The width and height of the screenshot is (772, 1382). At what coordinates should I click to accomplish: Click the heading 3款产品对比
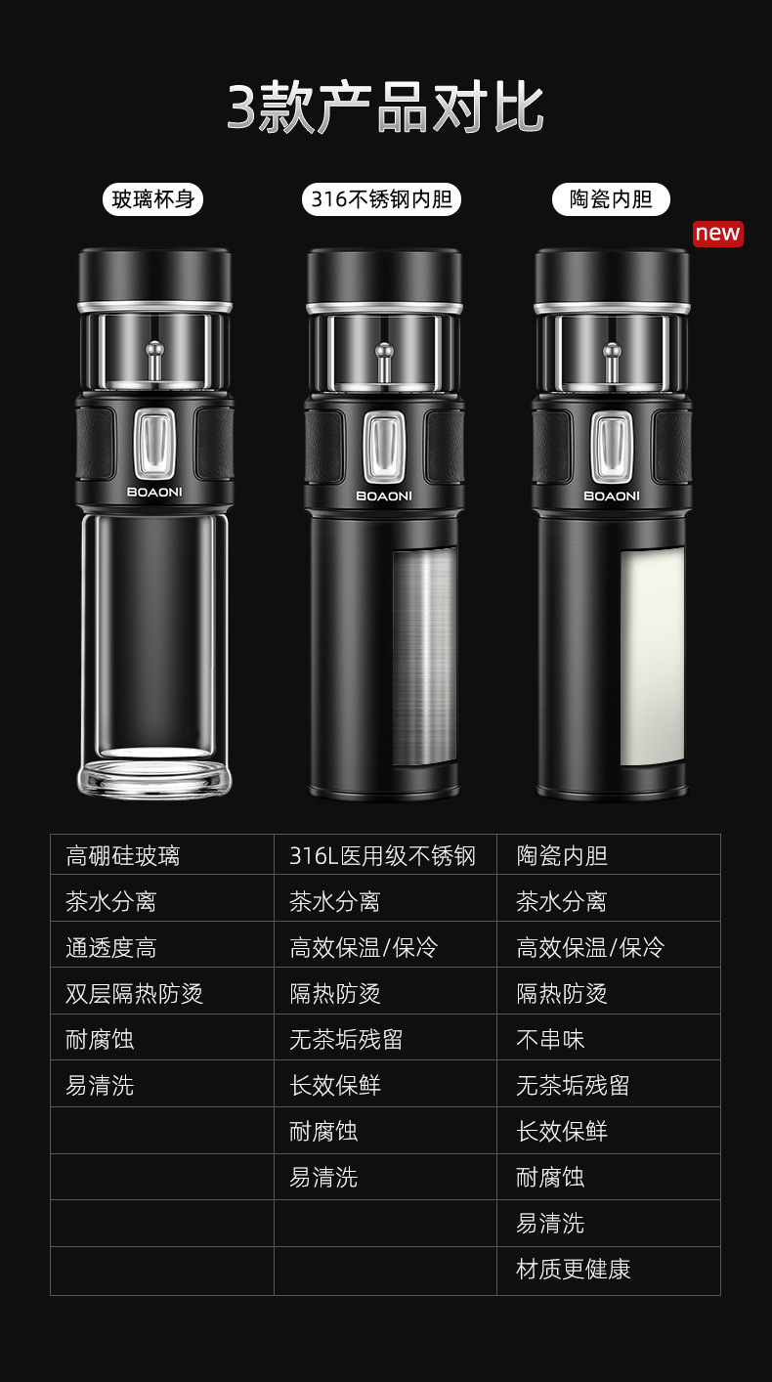386,108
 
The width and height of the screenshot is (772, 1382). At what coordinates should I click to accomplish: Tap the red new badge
717,234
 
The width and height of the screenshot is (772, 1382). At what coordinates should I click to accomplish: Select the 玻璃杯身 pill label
153,199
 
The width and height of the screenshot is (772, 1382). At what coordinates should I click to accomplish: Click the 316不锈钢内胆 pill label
381,199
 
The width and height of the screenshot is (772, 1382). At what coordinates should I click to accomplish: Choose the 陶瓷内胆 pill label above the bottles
611,199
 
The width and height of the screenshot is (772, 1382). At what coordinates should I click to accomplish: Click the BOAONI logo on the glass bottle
154,492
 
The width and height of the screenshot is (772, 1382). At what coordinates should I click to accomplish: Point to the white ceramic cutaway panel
652,657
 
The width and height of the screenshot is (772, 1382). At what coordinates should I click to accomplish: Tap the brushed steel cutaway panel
425,657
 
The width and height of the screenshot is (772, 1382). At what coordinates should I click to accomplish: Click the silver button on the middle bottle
384,446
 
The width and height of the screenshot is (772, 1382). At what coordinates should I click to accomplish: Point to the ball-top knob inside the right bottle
612,364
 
